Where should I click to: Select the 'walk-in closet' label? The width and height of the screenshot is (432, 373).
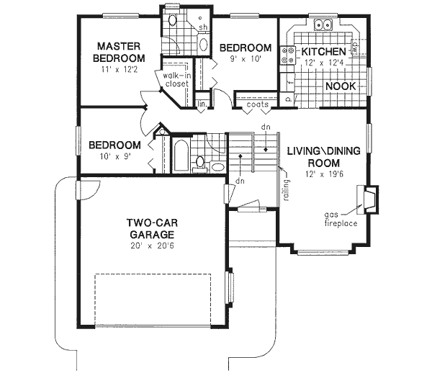tap(176, 79)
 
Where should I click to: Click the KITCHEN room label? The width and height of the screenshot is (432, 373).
tap(323, 52)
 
